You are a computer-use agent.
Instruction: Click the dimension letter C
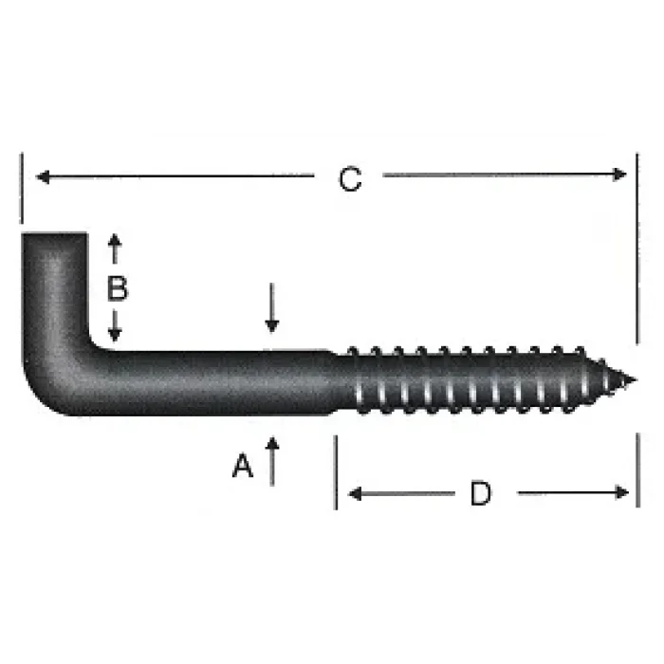coord(351,179)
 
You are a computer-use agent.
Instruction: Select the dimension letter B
coord(116,288)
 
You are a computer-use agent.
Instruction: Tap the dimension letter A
coord(244,466)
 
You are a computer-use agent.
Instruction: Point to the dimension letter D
coord(481,493)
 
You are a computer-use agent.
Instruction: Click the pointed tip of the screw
coord(632,381)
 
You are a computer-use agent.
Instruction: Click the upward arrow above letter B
coord(115,245)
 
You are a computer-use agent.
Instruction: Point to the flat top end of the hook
coord(54,232)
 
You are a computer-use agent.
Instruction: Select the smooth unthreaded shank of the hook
coord(218,382)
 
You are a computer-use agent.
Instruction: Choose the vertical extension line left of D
coord(335,471)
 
